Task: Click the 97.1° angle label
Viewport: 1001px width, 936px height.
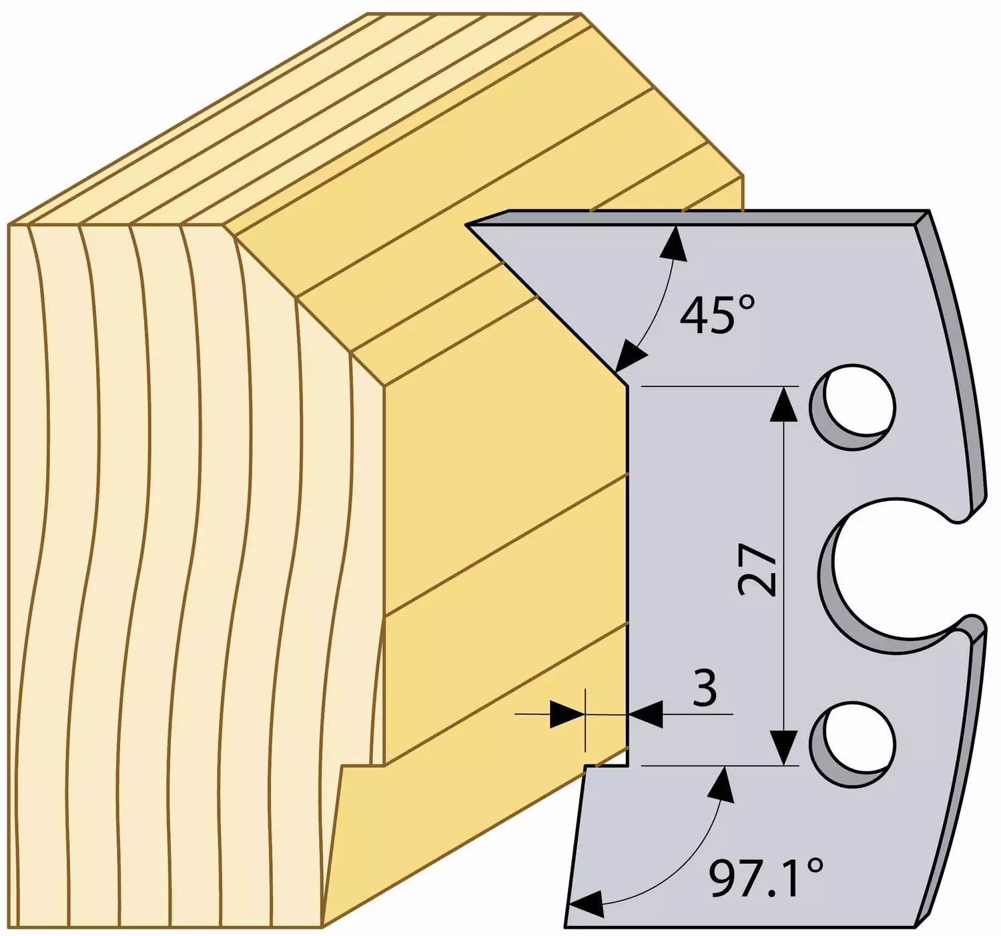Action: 766,877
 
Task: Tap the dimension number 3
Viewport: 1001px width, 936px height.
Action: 704,688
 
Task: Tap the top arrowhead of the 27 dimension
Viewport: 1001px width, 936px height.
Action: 784,403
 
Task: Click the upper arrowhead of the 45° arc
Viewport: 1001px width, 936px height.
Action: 675,244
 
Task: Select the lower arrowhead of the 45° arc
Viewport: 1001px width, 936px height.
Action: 631,357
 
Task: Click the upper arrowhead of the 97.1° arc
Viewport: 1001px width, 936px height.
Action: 722,785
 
